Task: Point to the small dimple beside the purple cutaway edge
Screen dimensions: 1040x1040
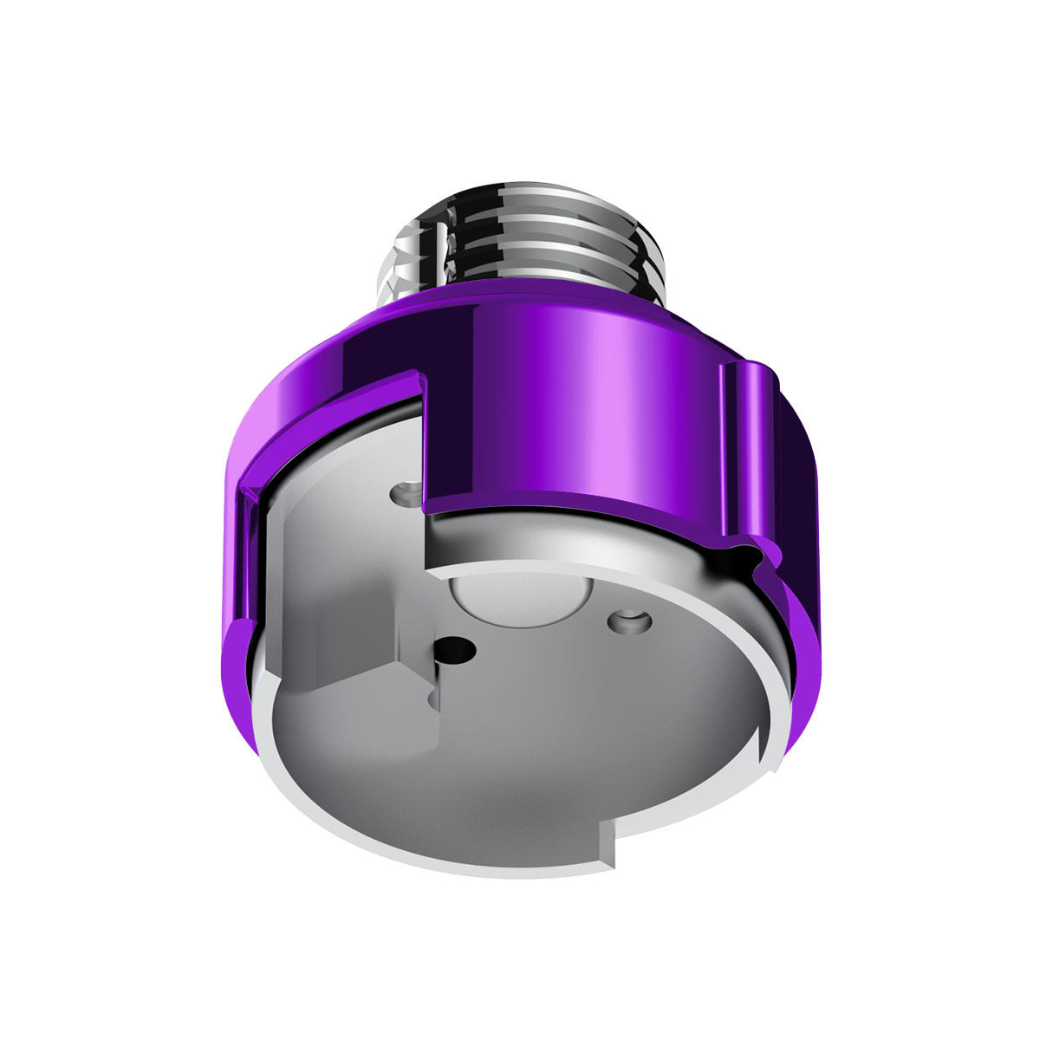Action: (x=404, y=493)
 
